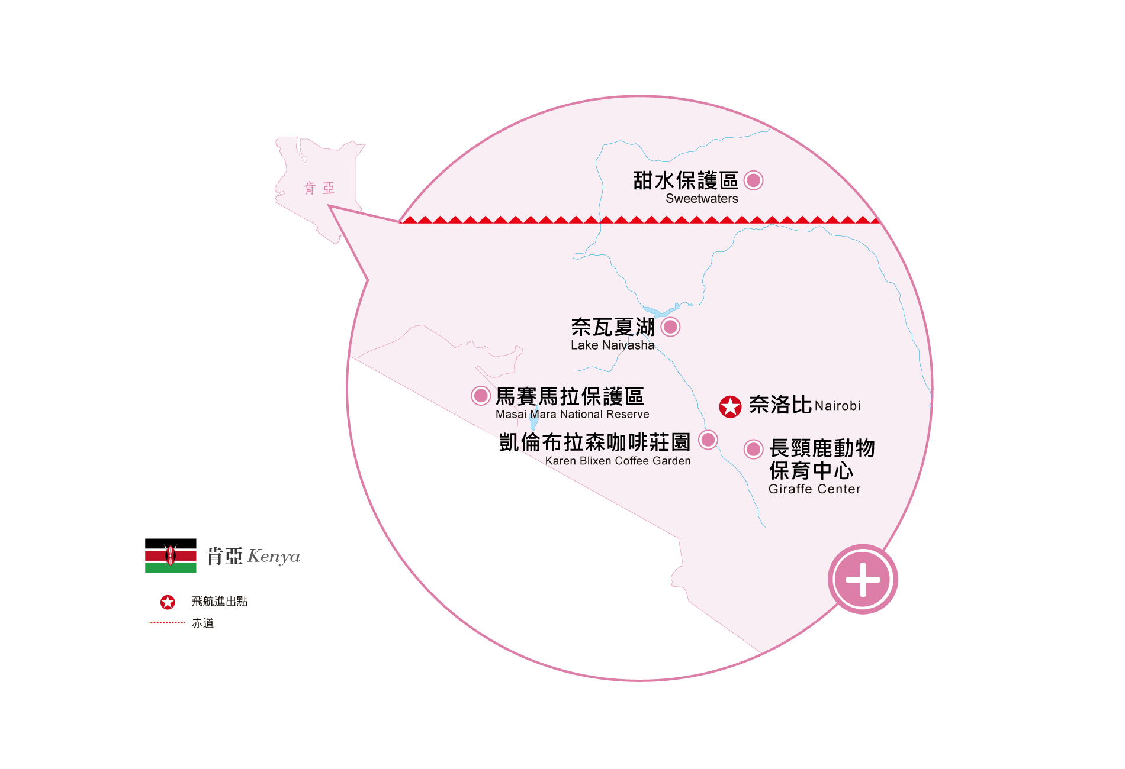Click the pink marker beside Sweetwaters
point(753,180)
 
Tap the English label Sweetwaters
point(702,199)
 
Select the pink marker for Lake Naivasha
point(670,327)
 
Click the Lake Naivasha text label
point(613,345)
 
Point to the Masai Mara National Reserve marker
point(481,395)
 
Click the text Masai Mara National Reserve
point(572,414)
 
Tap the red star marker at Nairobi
point(730,406)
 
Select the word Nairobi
point(837,406)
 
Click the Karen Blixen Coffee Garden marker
point(708,440)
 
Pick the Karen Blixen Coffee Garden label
point(618,461)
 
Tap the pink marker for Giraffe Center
point(753,449)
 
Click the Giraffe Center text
point(814,489)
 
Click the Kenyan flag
point(171,555)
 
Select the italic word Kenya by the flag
point(274,557)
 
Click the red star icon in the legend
point(168,602)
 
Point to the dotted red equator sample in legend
point(166,623)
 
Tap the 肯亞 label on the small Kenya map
point(319,188)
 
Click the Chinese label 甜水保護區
point(686,180)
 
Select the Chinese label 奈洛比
point(780,405)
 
